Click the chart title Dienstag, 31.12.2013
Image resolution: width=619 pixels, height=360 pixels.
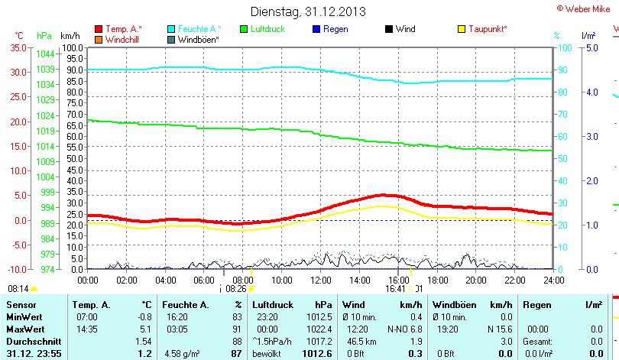coord(308,11)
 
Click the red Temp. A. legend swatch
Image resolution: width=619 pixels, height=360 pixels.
coord(99,29)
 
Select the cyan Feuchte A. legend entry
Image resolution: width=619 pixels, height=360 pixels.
coord(194,29)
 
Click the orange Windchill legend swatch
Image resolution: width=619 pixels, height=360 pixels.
coord(99,39)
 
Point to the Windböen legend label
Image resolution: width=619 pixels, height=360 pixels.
coord(199,39)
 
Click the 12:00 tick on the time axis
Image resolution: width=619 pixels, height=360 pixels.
coord(319,281)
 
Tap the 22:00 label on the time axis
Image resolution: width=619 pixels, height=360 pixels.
coord(514,281)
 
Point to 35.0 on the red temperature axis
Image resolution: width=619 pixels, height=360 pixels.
coord(18,47)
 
